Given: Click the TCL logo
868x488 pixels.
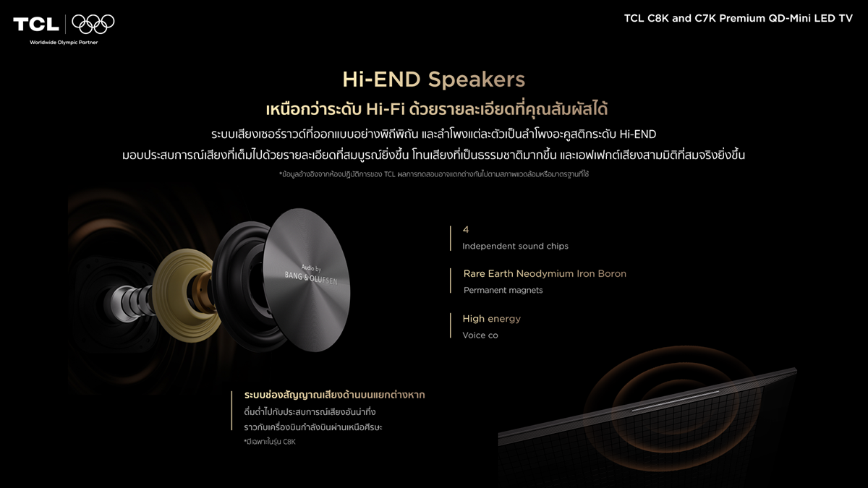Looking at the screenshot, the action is tap(36, 25).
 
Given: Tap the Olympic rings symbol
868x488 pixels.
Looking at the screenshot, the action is tap(93, 24).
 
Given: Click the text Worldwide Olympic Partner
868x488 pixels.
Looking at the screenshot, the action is tap(64, 42).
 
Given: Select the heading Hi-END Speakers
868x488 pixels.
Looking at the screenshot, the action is tap(433, 80).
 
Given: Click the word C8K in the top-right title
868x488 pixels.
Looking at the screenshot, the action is tap(658, 18).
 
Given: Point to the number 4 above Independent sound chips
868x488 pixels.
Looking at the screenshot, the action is tap(466, 230).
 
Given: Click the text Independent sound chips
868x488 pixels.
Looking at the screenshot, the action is tap(515, 247).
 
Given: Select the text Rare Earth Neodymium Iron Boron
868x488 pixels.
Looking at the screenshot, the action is tap(545, 274).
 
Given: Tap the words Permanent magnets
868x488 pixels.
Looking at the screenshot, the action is tap(503, 291).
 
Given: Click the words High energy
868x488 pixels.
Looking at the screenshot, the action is tap(491, 319).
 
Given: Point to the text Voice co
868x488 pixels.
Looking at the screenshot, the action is tap(480, 335).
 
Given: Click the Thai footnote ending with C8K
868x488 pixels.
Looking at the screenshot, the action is tap(270, 442).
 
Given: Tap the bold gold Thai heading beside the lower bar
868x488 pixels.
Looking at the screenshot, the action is tap(334, 395).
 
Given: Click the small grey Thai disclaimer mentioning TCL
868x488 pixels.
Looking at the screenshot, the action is tap(434, 175).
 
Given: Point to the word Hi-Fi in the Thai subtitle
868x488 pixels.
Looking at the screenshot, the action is tap(386, 110).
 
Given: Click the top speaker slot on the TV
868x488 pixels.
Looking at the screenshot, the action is tap(675, 401).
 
